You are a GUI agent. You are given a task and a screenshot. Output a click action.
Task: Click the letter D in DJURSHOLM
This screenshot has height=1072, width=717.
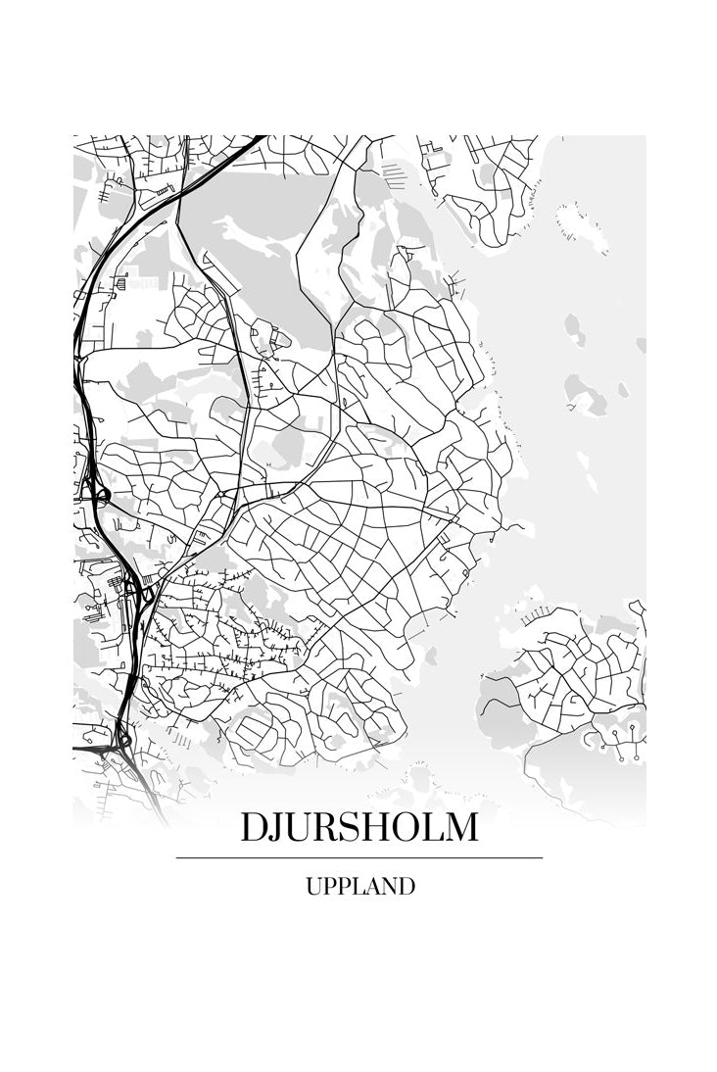[x=256, y=828]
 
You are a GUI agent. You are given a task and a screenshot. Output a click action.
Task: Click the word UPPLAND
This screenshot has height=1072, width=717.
[x=359, y=887]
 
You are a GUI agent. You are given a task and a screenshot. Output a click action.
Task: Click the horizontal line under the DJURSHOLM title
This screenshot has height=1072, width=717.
[x=359, y=857]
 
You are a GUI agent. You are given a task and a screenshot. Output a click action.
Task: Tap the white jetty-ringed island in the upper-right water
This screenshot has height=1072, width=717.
[x=582, y=228]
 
